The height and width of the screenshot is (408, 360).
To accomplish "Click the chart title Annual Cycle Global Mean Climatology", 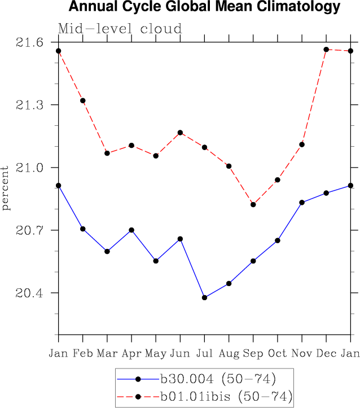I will coord(204,7).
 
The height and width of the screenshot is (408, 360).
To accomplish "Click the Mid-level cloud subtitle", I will coord(120,29).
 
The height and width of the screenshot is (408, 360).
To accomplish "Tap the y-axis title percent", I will coord(6,188).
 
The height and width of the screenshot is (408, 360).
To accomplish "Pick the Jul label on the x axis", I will coord(205,353).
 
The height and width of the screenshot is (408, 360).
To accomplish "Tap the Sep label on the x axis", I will coord(253,353).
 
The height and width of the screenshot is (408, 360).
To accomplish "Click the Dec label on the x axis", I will coord(326,353).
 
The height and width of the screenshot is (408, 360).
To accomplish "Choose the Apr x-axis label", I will coord(132,353).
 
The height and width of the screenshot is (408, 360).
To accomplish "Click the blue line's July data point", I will coord(205,297).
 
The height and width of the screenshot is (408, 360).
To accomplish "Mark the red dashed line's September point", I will coord(253,204).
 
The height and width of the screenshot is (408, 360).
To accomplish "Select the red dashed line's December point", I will coord(326,50).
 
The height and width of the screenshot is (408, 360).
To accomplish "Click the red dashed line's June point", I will coord(181,133).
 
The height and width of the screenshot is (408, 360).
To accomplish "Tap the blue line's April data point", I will coord(132,230).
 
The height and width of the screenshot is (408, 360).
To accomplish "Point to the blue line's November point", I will coord(302,202).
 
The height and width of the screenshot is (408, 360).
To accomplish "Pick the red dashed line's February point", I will coord(83,100).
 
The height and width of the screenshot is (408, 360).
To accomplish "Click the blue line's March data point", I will coord(107,251).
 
